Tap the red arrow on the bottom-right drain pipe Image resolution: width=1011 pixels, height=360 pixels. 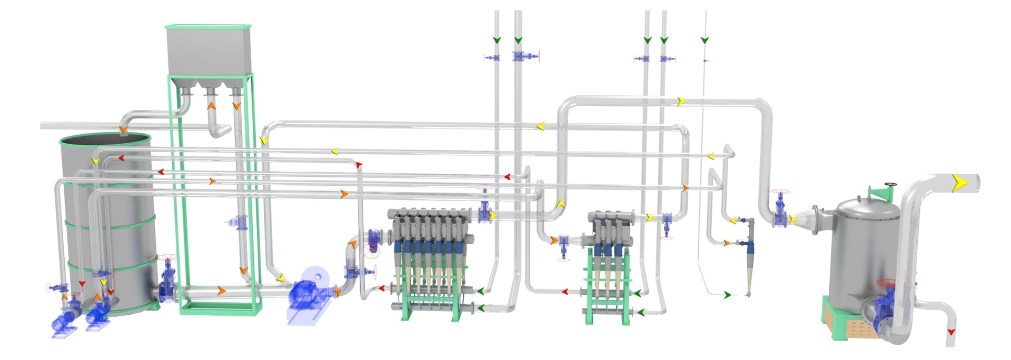(951, 332)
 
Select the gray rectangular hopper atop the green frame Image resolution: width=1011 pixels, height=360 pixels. (209, 51)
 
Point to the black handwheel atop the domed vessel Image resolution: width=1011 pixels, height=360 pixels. (890, 185)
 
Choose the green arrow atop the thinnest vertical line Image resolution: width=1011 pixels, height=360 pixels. (705, 40)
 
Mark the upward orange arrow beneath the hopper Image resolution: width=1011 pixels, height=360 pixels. (211, 106)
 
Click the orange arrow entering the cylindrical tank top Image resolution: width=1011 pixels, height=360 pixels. (123, 129)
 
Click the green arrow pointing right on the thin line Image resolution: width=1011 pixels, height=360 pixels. (727, 295)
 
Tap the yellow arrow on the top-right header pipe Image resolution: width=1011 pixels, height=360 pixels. (681, 101)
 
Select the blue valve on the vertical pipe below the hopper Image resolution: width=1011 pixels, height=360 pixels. (241, 223)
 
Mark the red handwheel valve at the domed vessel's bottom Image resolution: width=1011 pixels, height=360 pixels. (887, 284)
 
